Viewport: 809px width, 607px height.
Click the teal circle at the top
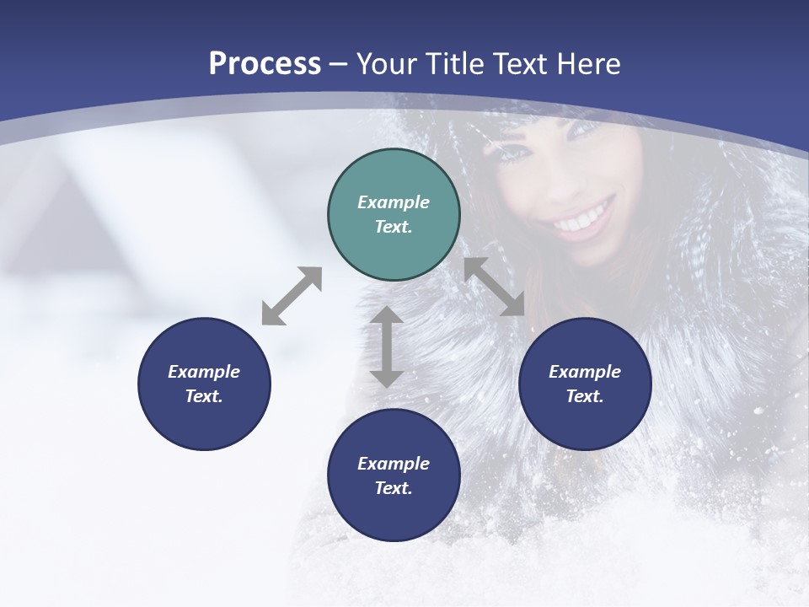(394, 215)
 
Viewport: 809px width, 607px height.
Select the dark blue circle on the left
(204, 384)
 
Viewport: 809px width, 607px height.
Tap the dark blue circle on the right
(585, 384)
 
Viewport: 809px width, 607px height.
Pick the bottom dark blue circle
(394, 475)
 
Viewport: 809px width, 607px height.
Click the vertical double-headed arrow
(387, 346)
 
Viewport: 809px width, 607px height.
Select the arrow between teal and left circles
(292, 296)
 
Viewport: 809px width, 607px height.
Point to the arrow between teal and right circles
(495, 287)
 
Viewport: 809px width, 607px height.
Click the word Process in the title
(265, 64)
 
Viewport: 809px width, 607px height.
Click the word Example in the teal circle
(394, 202)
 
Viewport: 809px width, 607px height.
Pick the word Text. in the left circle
(204, 396)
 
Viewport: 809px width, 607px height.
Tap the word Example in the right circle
(585, 372)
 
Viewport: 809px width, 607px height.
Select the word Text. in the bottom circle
(394, 488)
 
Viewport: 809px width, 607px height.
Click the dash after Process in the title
(339, 64)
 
